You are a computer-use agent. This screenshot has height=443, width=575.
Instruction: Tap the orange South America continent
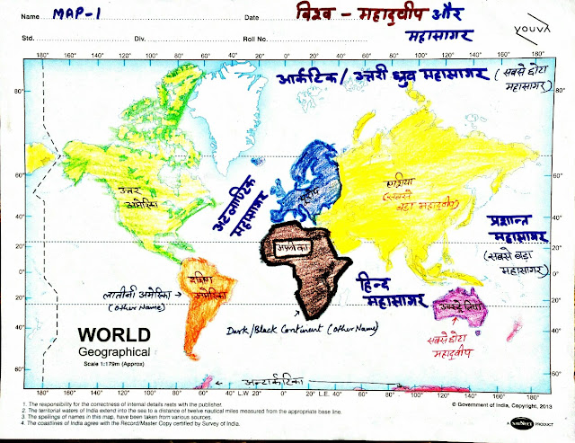pos(201,306)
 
